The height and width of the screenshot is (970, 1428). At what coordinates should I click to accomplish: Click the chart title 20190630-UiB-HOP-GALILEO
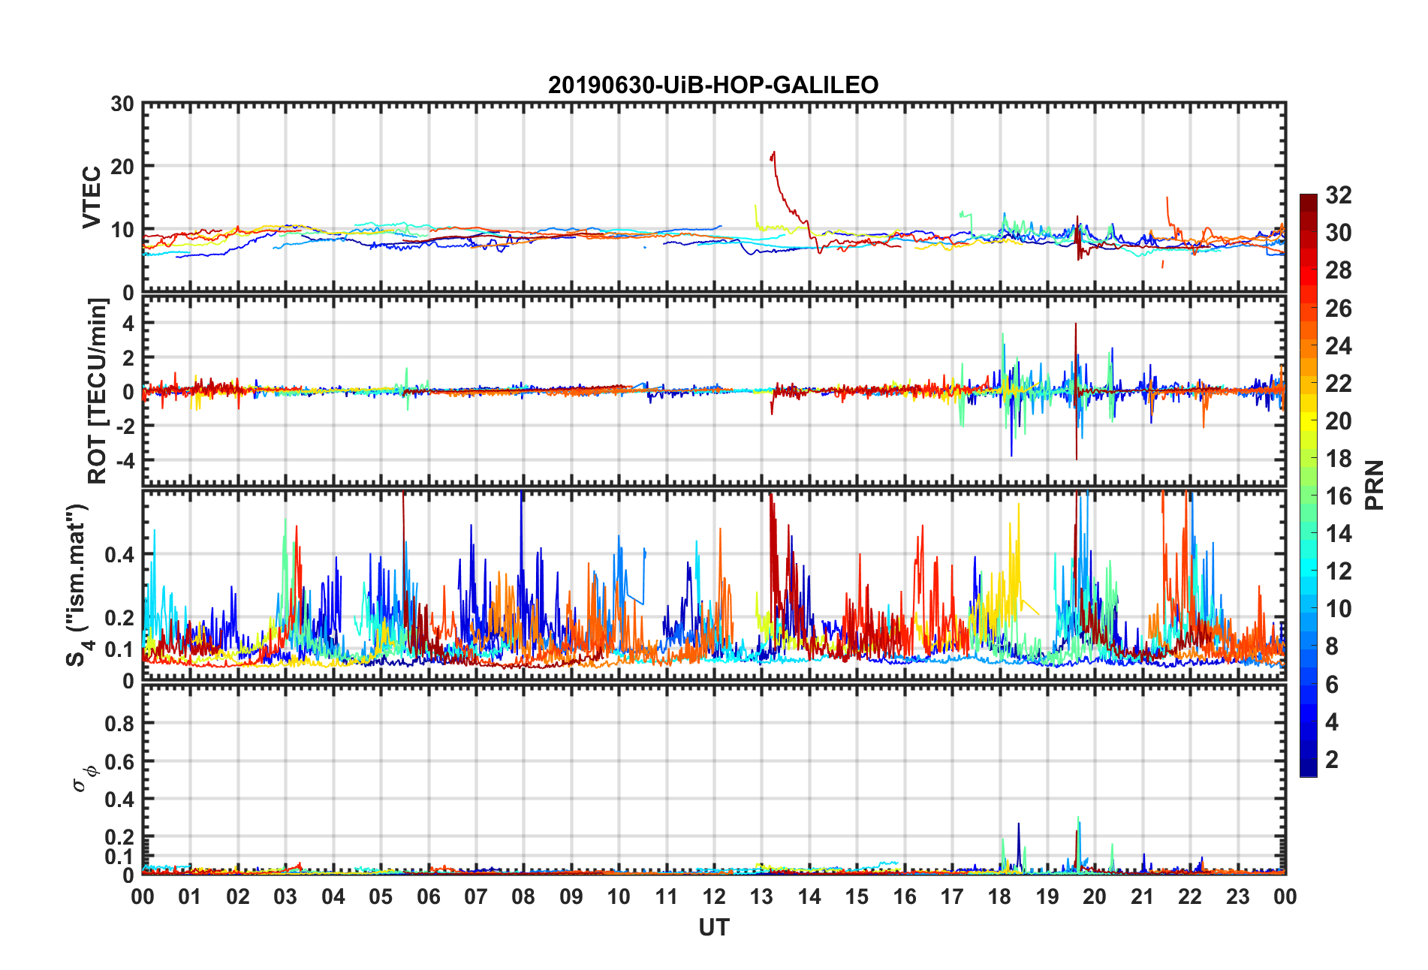click(713, 85)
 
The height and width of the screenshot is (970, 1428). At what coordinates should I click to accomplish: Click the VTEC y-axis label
click(92, 197)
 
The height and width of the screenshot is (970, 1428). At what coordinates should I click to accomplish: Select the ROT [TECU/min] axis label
click(98, 390)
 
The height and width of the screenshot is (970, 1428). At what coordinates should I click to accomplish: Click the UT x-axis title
click(713, 928)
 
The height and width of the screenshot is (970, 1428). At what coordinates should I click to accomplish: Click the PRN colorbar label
click(1374, 485)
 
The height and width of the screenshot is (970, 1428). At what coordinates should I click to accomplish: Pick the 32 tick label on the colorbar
click(1339, 195)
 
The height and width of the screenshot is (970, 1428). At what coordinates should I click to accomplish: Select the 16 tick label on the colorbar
click(1339, 496)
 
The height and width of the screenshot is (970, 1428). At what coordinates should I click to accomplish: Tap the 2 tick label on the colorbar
click(1332, 760)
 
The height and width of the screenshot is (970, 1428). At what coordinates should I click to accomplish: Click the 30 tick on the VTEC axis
click(122, 104)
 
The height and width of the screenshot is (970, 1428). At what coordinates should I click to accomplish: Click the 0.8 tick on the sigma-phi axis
click(119, 724)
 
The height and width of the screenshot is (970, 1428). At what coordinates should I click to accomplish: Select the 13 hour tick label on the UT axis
click(761, 896)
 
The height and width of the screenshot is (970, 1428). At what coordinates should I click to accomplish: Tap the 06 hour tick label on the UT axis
click(428, 896)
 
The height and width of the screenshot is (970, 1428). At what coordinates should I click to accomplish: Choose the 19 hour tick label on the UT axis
click(1047, 896)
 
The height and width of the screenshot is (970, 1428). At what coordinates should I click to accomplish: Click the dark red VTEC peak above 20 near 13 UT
click(773, 153)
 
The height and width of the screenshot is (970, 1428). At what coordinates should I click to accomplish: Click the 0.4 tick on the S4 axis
click(119, 555)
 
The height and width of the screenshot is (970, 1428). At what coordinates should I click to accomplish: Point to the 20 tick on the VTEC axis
click(122, 167)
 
